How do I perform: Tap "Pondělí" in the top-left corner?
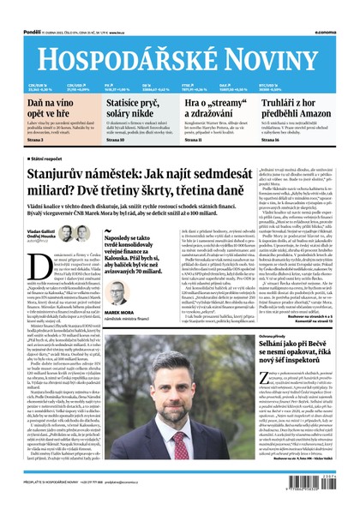coord(12,6)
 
